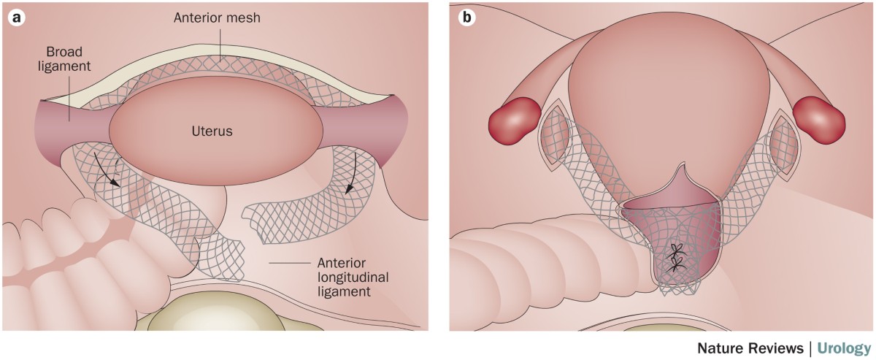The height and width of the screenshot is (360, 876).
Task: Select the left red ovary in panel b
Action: click(x=514, y=120)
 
